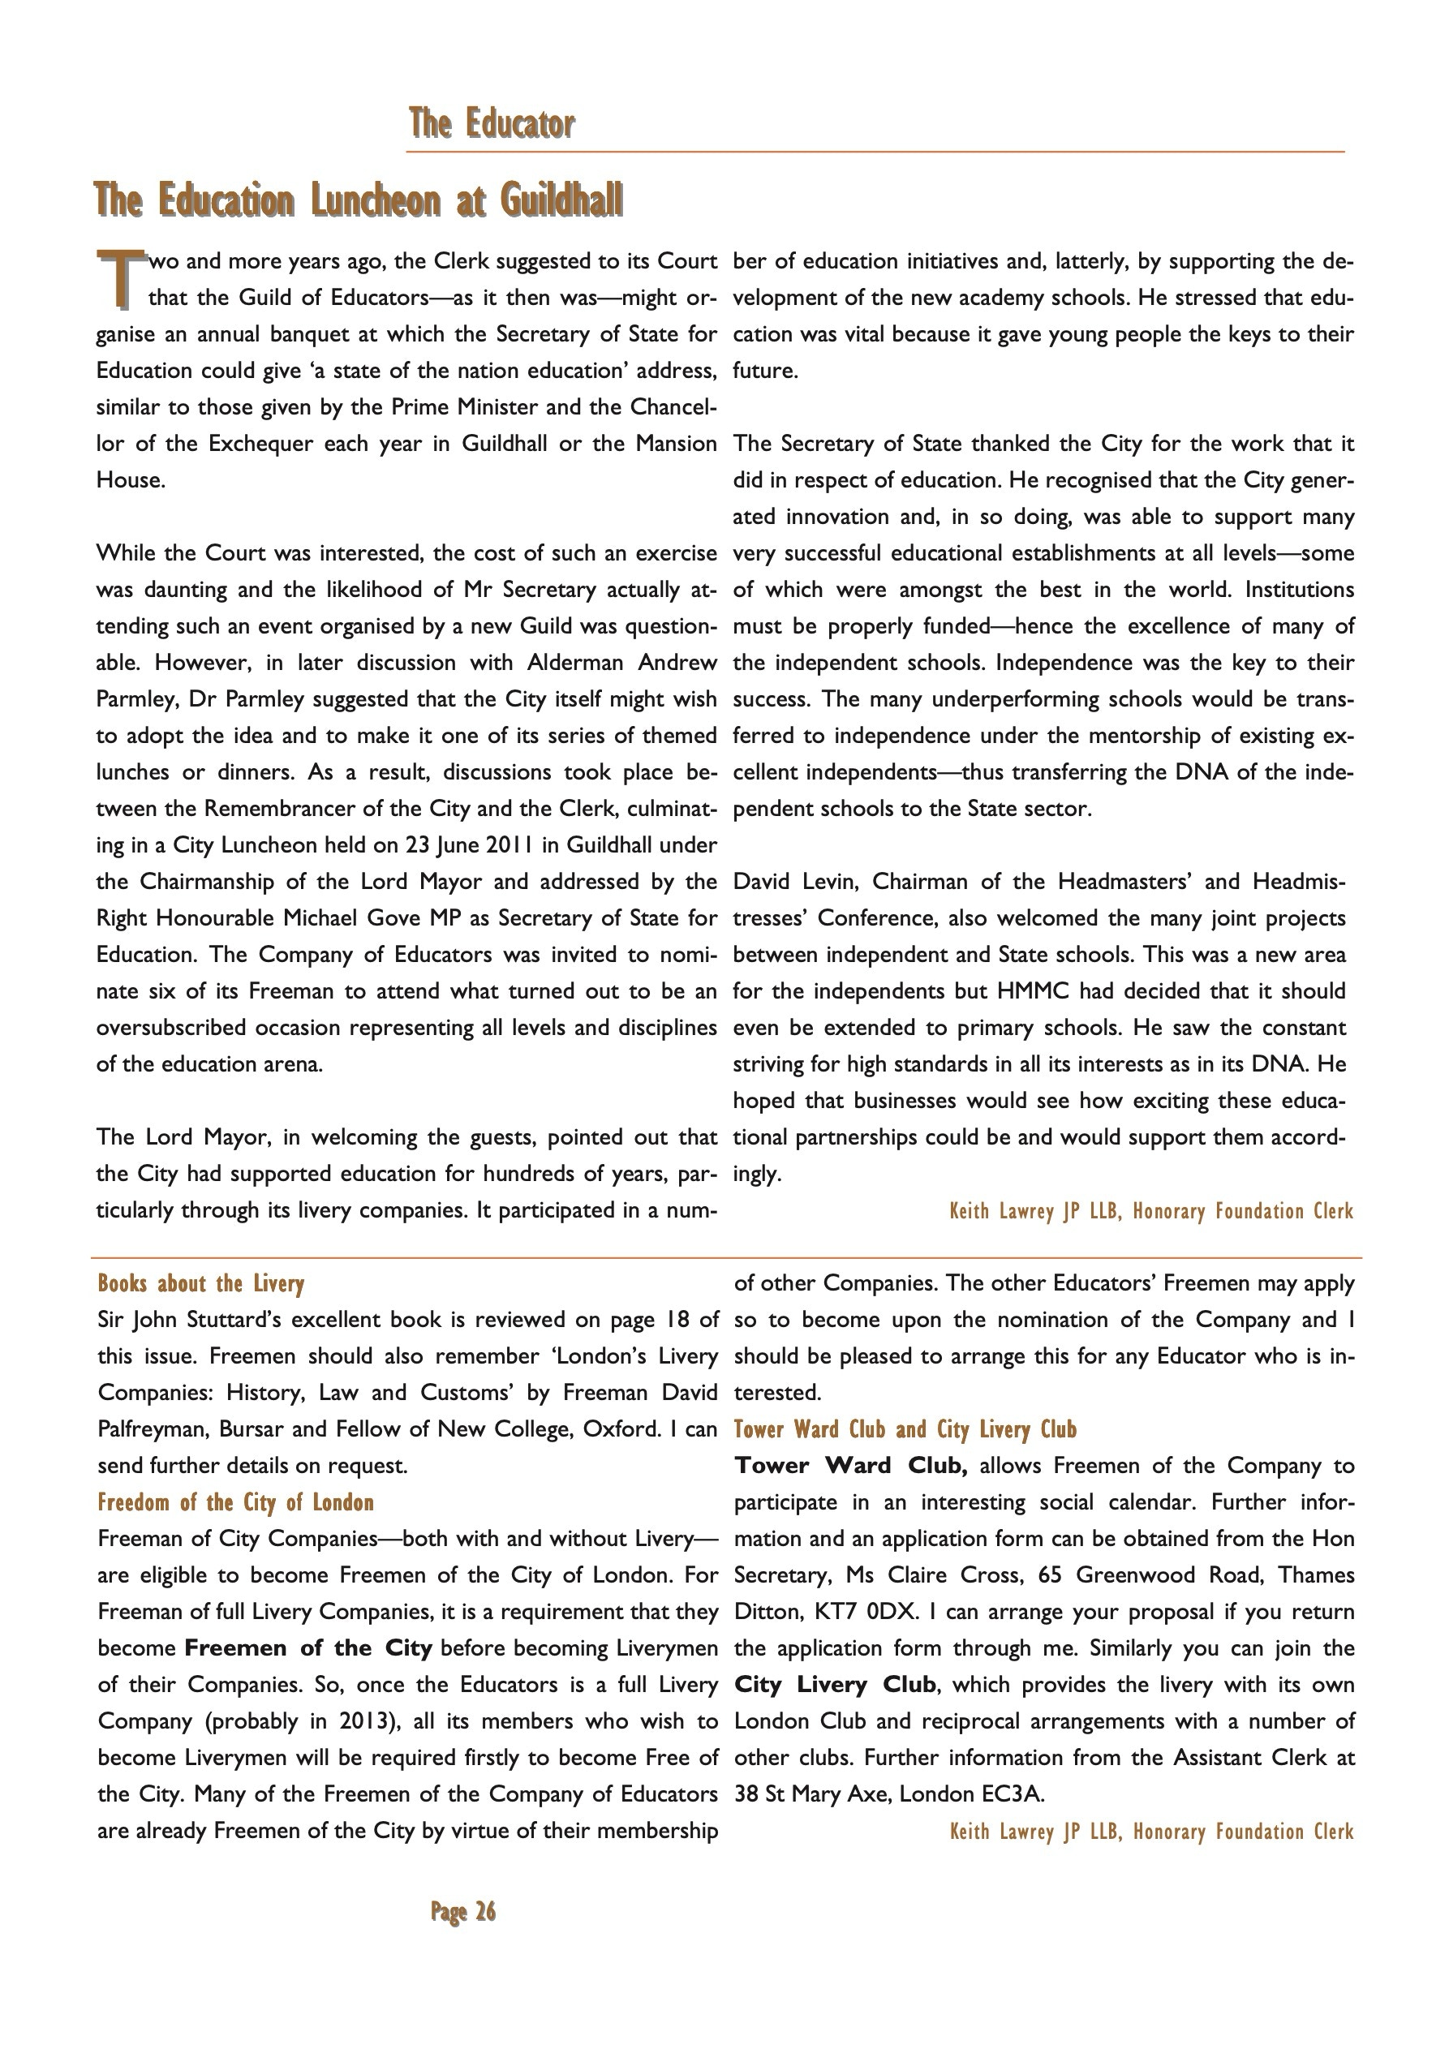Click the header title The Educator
pyautogui.click(x=492, y=123)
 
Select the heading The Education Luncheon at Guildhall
pyautogui.click(x=359, y=199)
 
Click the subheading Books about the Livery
pyautogui.click(x=201, y=1283)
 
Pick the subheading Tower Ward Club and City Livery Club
pyautogui.click(x=905, y=1428)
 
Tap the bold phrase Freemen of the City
pyautogui.click(x=308, y=1647)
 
